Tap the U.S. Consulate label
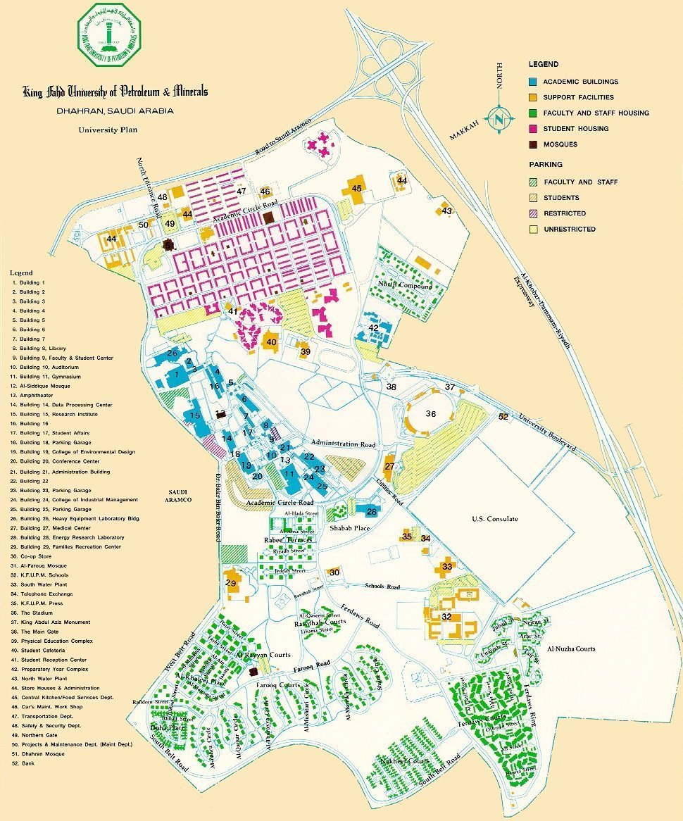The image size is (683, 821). click(495, 519)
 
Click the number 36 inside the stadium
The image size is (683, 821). click(431, 414)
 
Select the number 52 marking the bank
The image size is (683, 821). click(503, 417)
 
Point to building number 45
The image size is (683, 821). click(356, 188)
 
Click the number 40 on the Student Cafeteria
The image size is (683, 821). click(271, 341)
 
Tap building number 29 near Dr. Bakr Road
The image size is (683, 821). click(230, 583)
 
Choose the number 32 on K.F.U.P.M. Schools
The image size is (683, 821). click(446, 617)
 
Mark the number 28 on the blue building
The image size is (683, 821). click(371, 512)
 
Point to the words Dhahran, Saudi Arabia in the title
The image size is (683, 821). click(115, 111)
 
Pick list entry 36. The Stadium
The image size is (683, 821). click(37, 613)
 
